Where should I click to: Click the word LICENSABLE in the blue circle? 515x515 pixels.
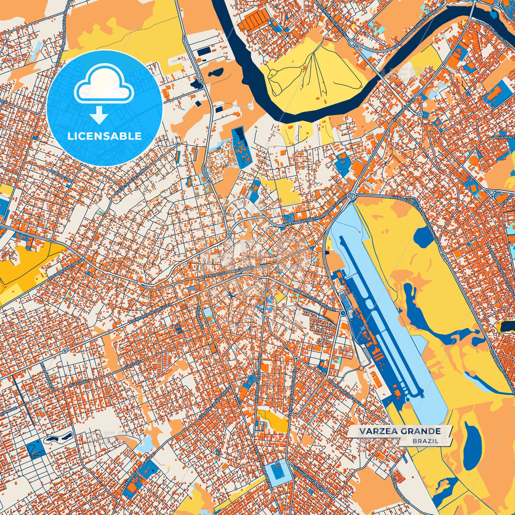104,136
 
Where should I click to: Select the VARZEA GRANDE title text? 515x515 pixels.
400,432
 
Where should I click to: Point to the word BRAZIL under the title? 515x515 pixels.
426,441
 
